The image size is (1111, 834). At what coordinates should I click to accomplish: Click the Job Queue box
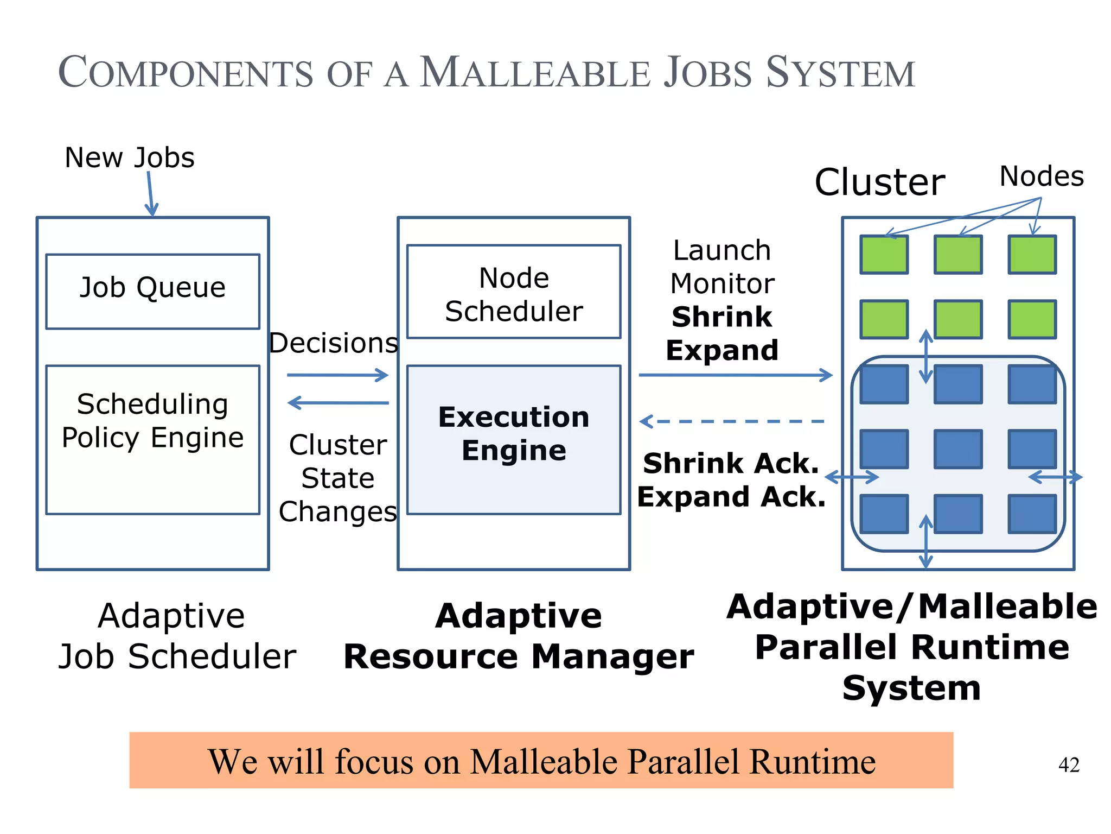(152, 292)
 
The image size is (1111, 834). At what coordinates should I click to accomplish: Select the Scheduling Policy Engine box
(152, 439)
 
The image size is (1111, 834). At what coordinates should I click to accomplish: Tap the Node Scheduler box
(513, 292)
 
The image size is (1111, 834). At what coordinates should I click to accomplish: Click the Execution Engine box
(513, 439)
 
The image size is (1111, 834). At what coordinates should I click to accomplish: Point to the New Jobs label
(129, 158)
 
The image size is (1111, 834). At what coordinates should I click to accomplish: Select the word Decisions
(334, 343)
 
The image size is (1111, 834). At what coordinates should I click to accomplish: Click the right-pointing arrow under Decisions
(337, 375)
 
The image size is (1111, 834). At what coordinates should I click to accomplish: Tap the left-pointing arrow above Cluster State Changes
(337, 403)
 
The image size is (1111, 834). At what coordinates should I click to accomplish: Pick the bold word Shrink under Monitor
(721, 317)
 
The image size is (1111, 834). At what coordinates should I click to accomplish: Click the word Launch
(721, 251)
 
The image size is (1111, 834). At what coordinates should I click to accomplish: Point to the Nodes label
(1041, 176)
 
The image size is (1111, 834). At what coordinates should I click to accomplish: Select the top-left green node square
(884, 254)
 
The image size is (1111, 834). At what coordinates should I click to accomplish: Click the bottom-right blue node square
(1032, 514)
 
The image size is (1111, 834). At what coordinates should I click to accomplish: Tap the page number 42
(1068, 765)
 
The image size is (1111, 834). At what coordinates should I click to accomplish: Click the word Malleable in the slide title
(535, 73)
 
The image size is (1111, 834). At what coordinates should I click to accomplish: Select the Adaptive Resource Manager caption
(519, 636)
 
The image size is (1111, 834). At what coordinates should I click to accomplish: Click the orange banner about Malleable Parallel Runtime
(541, 760)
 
